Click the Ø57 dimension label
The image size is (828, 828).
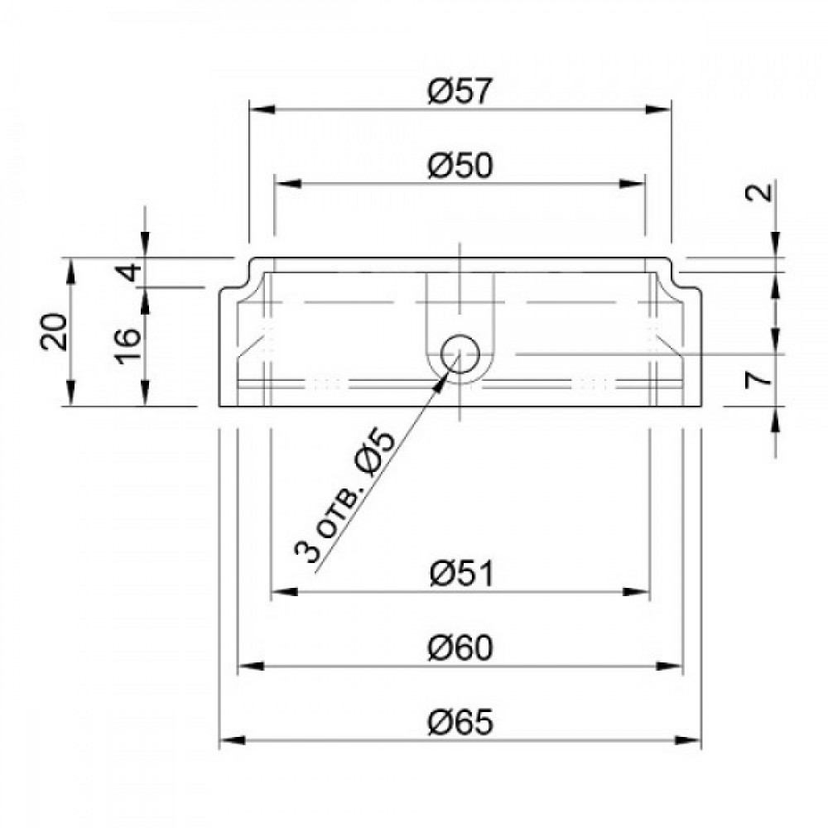pyautogui.click(x=460, y=91)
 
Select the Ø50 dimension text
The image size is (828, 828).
pyautogui.click(x=460, y=166)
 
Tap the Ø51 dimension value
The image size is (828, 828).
pyautogui.click(x=461, y=574)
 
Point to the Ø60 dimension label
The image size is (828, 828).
pyautogui.click(x=460, y=648)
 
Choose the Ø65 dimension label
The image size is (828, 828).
pyautogui.click(x=460, y=722)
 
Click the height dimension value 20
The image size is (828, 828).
pyautogui.click(x=55, y=332)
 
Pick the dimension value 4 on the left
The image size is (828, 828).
pyautogui.click(x=128, y=272)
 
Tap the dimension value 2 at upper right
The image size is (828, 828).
pyautogui.click(x=758, y=192)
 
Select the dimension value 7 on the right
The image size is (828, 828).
pyautogui.click(x=758, y=379)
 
